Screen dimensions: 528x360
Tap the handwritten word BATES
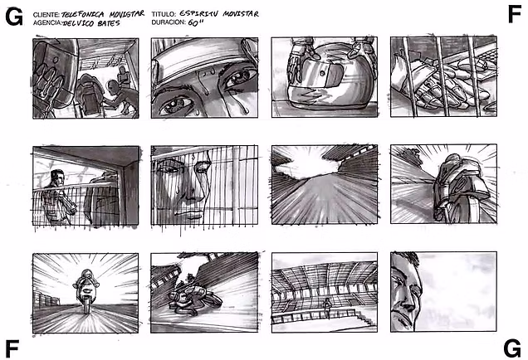point(109,23)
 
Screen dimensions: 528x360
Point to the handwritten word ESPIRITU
point(199,13)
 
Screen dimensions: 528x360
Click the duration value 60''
point(193,22)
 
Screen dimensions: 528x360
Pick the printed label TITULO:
point(164,14)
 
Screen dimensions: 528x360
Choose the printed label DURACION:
point(169,22)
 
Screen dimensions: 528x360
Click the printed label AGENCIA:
point(47,23)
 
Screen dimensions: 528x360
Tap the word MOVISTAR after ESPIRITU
point(241,14)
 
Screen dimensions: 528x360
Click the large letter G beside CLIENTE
point(14,17)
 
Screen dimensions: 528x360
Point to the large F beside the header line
point(515,14)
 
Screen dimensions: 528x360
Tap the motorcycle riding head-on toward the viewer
point(86,290)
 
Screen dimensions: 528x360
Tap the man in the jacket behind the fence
point(58,197)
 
